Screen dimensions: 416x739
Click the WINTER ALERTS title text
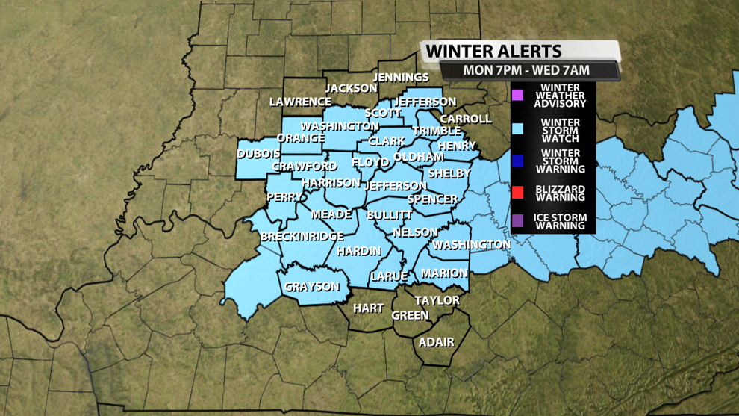493,52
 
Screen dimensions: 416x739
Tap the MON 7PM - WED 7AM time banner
526,71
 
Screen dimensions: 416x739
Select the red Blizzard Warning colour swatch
517,193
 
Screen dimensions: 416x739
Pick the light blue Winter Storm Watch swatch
517,128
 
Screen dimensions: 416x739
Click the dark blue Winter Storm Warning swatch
517,161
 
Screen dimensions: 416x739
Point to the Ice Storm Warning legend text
560,222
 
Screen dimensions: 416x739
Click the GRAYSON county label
312,287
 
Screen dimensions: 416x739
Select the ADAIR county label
437,342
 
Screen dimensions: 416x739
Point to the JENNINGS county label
402,77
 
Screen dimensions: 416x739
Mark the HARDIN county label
359,252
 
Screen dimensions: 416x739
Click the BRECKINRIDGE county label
302,237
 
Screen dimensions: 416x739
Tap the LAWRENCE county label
300,102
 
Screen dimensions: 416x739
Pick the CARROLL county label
466,119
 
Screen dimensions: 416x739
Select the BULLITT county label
390,215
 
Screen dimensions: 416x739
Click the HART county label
368,308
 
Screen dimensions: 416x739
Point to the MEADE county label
331,214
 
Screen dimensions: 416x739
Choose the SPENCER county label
432,199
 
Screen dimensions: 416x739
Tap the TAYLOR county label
437,300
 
